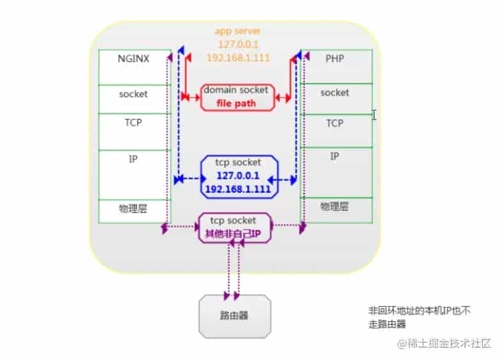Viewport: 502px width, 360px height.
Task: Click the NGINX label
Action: pos(133,59)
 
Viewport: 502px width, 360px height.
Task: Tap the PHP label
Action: pos(335,59)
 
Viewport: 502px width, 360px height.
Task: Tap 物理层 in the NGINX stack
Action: pos(133,209)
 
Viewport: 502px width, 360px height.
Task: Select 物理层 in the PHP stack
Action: pos(334,207)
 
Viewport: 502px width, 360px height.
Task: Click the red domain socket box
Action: pos(237,98)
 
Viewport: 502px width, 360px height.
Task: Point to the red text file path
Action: pos(236,103)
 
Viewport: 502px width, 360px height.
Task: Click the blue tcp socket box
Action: pos(239,177)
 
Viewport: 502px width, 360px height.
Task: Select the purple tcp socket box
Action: pos(235,228)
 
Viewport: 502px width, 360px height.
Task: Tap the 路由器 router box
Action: pos(235,316)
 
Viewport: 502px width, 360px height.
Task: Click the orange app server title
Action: pos(238,31)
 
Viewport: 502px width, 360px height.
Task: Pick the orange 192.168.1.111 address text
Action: pos(238,57)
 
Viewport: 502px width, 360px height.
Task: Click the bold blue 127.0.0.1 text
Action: pos(238,176)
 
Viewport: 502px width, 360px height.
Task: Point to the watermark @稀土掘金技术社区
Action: pos(444,343)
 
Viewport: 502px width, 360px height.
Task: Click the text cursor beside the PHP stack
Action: pos(374,115)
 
